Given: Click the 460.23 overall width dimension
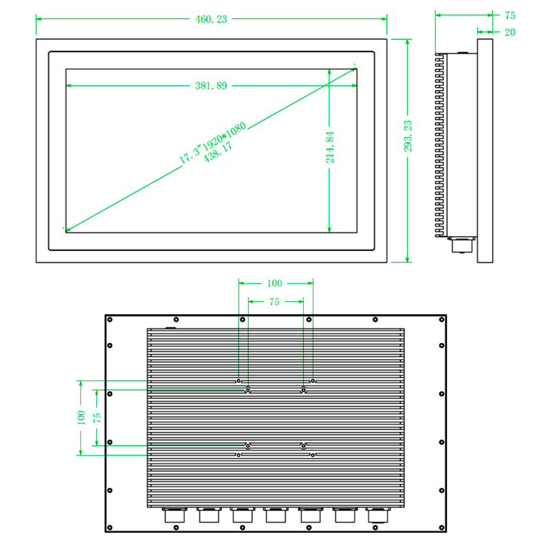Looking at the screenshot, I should [x=211, y=19].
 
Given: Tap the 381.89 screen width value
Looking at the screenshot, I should [x=211, y=86].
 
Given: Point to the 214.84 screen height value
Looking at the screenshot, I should [x=330, y=146].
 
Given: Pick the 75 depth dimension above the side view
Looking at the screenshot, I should [x=510, y=15].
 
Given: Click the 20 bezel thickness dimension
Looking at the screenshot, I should [x=510, y=32].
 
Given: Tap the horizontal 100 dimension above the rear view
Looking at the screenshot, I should [x=274, y=283].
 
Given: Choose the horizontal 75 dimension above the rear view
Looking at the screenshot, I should [x=274, y=301].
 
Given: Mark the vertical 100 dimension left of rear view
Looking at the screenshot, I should [x=80, y=417].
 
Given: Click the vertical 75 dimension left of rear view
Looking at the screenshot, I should [x=98, y=417].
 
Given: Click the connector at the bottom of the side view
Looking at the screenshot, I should [x=461, y=245].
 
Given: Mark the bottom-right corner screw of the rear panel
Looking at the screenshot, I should [x=441, y=527].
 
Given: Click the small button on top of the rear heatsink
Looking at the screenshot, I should [x=171, y=327].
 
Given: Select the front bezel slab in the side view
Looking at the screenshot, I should [x=485, y=151].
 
